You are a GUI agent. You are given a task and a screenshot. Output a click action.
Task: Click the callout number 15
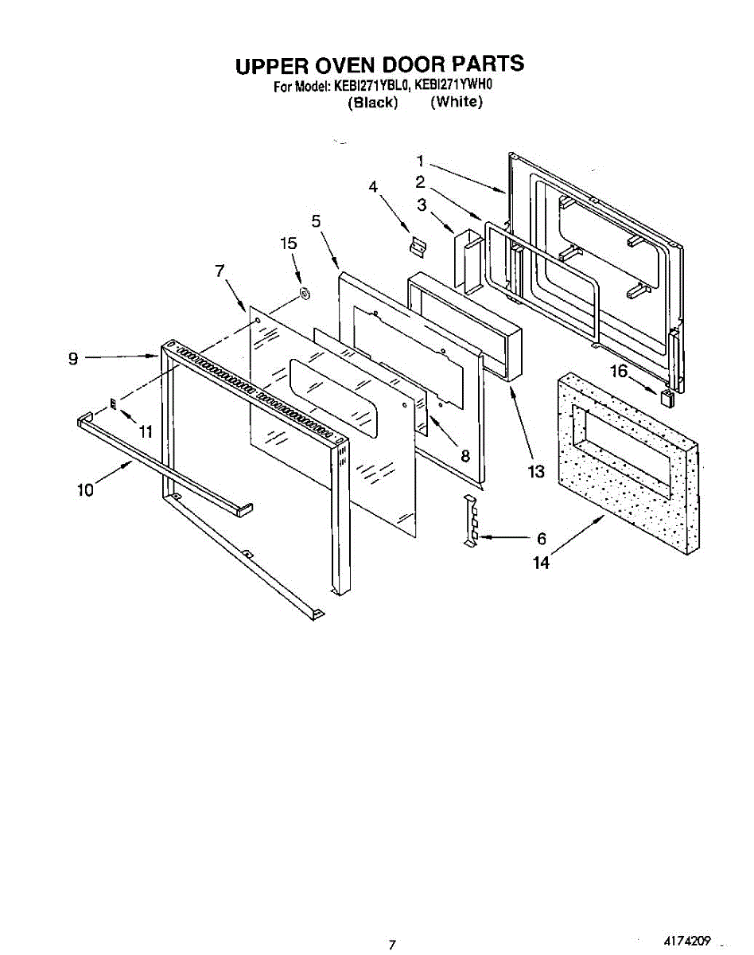[x=290, y=244]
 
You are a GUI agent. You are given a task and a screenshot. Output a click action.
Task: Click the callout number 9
[x=73, y=359]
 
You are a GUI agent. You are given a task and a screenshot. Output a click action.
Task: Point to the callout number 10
[x=85, y=490]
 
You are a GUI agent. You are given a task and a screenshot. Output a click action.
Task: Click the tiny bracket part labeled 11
[x=114, y=403]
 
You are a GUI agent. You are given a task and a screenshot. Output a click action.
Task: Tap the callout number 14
[x=541, y=563]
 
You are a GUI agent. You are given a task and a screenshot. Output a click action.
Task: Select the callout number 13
[x=537, y=472]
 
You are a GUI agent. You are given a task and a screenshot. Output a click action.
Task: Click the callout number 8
[x=465, y=456]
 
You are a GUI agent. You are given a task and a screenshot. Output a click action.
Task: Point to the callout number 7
[x=220, y=271]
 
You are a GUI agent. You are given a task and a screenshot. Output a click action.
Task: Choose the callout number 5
[x=317, y=221]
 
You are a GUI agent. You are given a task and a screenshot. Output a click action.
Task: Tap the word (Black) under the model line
[x=372, y=103]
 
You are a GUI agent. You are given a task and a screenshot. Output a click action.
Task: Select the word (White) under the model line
[x=457, y=102]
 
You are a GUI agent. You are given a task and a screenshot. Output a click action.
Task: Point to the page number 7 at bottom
[x=391, y=945]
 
